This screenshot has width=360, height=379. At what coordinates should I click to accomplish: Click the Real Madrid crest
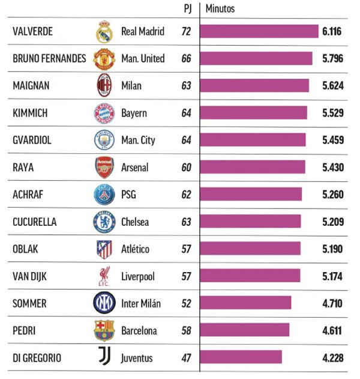(x=104, y=32)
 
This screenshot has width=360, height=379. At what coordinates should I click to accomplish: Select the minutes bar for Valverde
(x=259, y=31)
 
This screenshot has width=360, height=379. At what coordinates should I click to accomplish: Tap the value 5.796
(x=332, y=59)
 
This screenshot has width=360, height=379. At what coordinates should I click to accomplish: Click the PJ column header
(x=187, y=9)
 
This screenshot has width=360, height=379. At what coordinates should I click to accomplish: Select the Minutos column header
(x=220, y=9)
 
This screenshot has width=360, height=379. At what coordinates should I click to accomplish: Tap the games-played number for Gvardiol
(x=186, y=140)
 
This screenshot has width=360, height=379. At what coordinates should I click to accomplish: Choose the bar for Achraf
(x=251, y=195)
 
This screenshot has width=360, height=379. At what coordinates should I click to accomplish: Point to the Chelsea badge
(x=104, y=222)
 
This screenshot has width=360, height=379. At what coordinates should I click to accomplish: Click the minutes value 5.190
(x=332, y=249)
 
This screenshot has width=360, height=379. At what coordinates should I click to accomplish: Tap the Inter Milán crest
(x=104, y=303)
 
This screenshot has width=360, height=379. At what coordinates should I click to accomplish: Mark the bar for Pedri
(x=245, y=330)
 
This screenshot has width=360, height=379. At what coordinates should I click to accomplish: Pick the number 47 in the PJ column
(x=186, y=358)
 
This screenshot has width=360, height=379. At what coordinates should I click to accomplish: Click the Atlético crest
(x=104, y=249)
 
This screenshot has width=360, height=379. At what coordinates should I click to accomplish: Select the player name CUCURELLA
(x=35, y=222)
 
